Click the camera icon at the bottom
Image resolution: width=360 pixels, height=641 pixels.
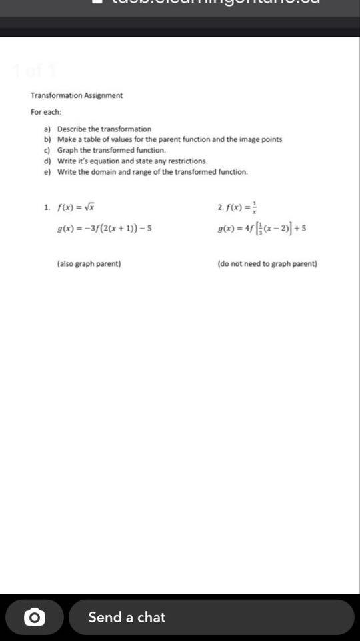coord(35,617)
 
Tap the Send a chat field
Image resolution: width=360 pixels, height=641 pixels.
coord(211,617)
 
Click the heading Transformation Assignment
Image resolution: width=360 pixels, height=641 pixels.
coord(77,95)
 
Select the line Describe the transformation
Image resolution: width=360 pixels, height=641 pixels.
coord(104,129)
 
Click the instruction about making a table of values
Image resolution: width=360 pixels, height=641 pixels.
coord(169,139)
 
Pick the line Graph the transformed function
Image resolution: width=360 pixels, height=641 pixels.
coord(111,150)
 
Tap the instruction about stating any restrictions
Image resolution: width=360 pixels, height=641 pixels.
coord(132,161)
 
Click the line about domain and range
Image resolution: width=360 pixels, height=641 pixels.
coord(152,171)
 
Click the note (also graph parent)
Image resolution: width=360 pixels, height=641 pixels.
coord(89,263)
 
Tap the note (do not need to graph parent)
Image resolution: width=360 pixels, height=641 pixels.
coord(267,263)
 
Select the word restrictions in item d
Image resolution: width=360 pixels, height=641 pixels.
coord(188,161)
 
